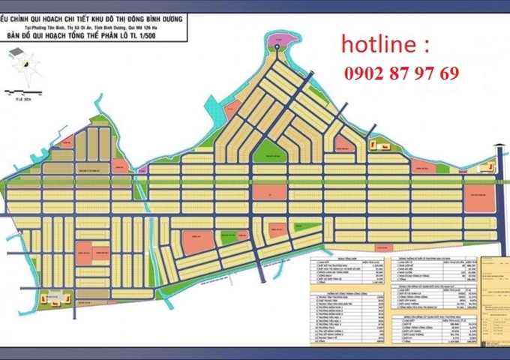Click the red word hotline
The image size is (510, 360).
click(379, 45)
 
